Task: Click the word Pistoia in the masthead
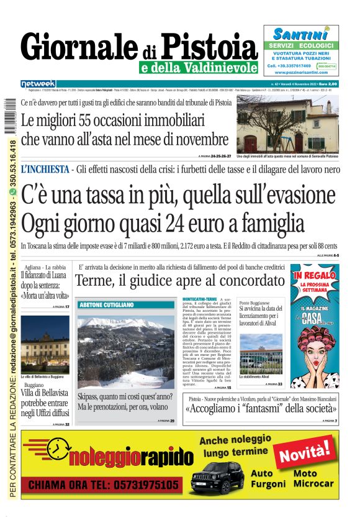(209, 45)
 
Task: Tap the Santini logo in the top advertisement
(300, 34)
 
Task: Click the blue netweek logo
(38, 84)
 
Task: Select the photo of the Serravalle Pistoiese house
(287, 124)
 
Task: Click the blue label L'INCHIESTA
(45, 169)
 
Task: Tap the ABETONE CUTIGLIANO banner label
(106, 305)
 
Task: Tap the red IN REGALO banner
(315, 274)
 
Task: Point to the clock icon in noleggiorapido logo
(57, 449)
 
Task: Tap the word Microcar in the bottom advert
(310, 483)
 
